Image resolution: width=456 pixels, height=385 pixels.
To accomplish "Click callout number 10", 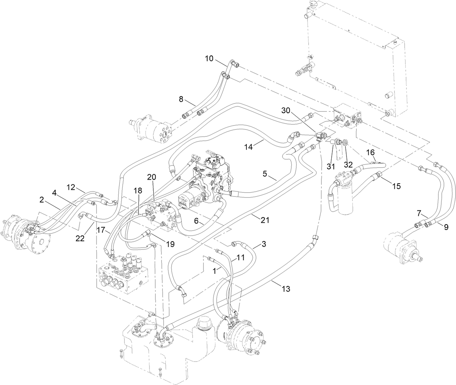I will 210,58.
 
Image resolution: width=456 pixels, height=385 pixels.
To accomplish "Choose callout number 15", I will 396,186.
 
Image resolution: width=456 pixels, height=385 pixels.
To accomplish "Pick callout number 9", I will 445,227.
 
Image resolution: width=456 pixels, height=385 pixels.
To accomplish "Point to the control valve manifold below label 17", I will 123,273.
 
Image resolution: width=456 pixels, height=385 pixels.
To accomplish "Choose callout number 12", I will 71,188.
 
